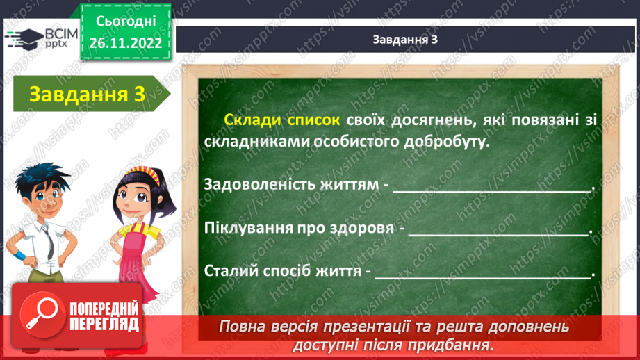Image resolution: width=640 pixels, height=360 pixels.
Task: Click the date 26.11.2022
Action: pyautogui.click(x=126, y=42)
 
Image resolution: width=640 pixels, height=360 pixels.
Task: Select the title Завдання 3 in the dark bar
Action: pyautogui.click(x=405, y=40)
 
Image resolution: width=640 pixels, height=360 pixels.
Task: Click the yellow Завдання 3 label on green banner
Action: pyautogui.click(x=87, y=96)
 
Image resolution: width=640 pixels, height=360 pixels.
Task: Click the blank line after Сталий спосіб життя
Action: pyautogui.click(x=482, y=273)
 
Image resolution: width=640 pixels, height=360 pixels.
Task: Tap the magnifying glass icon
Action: pyautogui.click(x=39, y=314)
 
